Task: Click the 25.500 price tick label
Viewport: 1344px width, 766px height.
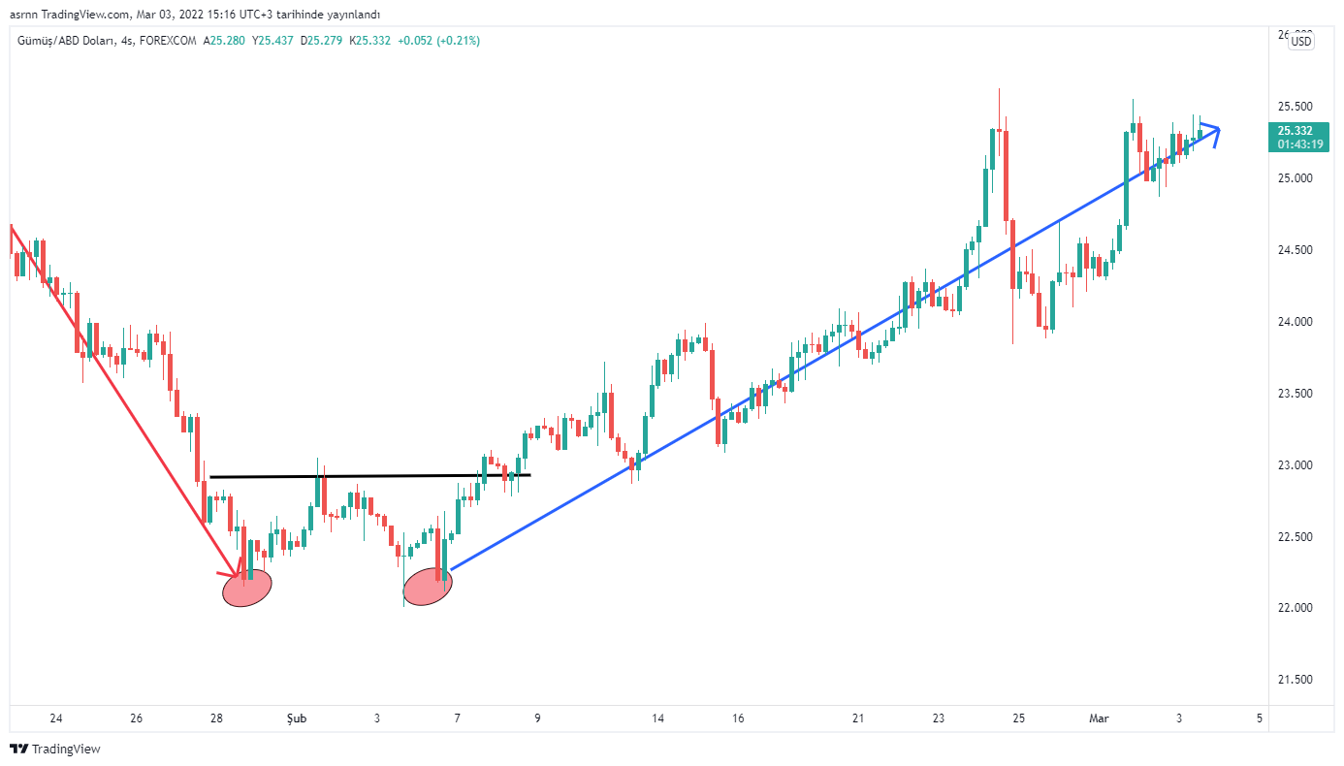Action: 1295,107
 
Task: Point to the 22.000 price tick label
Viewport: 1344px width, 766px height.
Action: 1295,608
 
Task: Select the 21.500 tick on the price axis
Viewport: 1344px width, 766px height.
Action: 1295,680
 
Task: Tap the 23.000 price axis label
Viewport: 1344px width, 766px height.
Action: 1295,465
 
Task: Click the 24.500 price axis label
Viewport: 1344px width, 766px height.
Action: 1295,250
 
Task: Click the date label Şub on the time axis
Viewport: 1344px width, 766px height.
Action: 297,718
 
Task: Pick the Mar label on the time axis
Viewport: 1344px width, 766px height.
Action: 1099,718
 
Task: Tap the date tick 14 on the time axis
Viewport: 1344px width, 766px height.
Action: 657,718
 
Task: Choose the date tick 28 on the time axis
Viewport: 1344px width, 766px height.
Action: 216,718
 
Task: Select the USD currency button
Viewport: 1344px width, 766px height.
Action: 1301,41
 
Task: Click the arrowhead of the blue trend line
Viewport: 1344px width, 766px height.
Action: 1216,130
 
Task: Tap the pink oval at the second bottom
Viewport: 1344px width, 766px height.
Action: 428,587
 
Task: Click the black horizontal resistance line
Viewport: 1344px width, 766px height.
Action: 368,476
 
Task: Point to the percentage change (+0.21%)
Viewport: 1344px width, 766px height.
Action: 458,41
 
